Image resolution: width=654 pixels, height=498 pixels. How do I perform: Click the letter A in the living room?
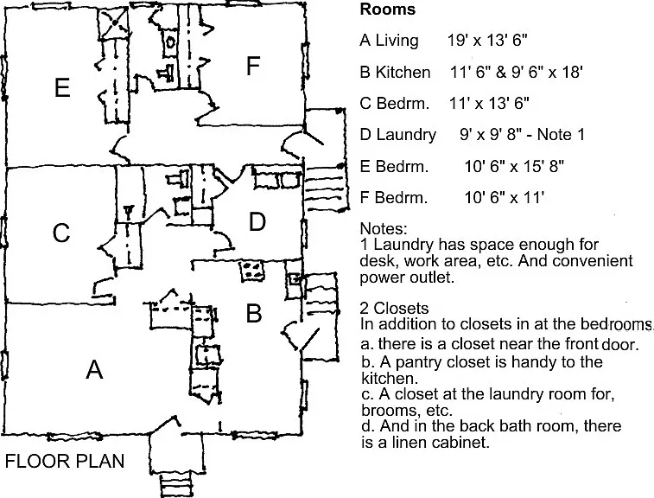coord(94,369)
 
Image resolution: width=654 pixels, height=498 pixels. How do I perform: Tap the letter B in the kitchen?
coord(254,313)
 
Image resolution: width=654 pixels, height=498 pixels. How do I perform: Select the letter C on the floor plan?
coord(60,233)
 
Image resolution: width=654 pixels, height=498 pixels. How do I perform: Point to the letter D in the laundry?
coord(257,221)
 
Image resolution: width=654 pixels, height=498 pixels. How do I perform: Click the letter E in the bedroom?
coord(62,87)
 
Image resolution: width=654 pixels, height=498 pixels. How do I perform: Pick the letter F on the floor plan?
coord(253,66)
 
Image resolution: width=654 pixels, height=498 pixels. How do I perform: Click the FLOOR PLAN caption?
coord(65,462)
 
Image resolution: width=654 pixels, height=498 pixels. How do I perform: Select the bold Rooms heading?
coord(388,10)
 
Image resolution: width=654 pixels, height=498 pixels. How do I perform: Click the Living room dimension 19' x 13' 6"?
coord(487,40)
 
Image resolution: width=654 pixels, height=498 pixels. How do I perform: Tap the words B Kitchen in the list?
coord(395,72)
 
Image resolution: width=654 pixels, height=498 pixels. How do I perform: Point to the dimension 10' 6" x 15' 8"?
coord(514,166)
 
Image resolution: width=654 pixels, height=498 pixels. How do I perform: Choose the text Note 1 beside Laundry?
coord(561,134)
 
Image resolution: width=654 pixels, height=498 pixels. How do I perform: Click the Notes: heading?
coord(384,229)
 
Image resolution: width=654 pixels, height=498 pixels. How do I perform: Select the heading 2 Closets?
coord(394,308)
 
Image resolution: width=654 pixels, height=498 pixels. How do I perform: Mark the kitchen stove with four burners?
coord(252,270)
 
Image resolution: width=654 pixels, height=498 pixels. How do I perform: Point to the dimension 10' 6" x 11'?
coord(505,197)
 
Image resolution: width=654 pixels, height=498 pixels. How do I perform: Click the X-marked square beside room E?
coord(113,23)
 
